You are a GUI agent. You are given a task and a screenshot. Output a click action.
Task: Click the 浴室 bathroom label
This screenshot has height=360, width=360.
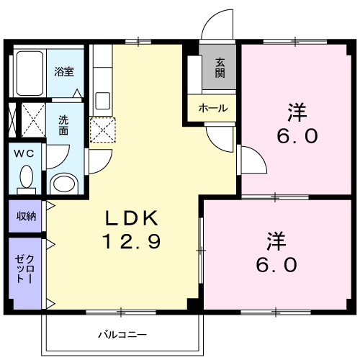tap(64, 71)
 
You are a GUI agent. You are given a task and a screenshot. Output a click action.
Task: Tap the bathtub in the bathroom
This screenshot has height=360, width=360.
tap(30, 73)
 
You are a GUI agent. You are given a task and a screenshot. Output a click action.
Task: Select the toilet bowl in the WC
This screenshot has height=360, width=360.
tap(27, 177)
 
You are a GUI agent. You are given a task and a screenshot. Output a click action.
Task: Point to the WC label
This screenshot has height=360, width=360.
tap(24, 153)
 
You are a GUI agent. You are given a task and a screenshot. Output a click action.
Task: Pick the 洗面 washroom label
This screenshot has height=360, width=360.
tap(63, 125)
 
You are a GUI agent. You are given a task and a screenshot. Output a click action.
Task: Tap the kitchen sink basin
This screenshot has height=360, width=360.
tap(103, 101)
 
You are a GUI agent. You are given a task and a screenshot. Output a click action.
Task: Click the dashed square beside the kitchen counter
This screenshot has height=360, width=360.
tap(103, 130)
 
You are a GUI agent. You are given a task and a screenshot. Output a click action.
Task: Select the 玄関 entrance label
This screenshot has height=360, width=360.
tap(220, 68)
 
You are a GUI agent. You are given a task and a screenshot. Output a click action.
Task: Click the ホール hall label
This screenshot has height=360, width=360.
tap(213, 108)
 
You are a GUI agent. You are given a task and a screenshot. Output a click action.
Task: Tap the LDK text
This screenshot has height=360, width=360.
tap(132, 218)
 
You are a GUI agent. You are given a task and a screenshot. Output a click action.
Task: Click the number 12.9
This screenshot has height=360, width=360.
tap(132, 241)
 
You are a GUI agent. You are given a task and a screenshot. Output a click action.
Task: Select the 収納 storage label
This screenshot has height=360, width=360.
tap(26, 216)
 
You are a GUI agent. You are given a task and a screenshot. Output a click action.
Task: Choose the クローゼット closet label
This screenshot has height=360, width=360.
tap(24, 269)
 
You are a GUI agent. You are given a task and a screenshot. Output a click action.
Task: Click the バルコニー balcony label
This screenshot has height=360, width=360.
tap(122, 334)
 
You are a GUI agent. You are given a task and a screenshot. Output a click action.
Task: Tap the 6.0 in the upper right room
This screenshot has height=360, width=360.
tap(297, 136)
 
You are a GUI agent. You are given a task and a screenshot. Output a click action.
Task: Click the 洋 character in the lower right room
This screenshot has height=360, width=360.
tap(276, 241)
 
